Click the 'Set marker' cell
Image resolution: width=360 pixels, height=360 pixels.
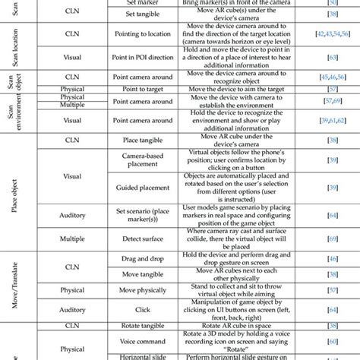[132, 4]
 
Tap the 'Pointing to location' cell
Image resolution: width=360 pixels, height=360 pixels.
[132, 35]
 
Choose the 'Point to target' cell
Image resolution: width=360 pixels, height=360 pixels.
[132, 88]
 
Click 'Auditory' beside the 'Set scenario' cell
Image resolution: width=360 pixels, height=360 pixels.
[71, 216]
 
